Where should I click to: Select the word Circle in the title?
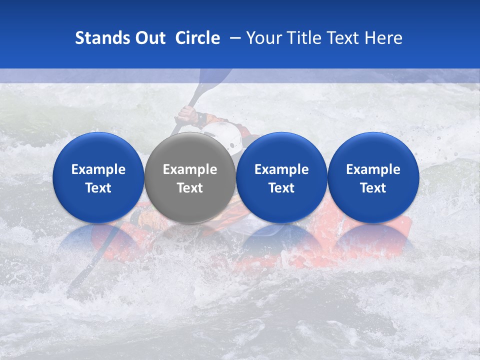197,38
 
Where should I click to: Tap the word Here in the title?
383,38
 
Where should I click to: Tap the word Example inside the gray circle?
190,169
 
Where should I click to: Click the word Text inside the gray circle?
190,188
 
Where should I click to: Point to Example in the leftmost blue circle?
98,169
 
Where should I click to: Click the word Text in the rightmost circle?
373,188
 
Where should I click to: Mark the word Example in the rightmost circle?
373,169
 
